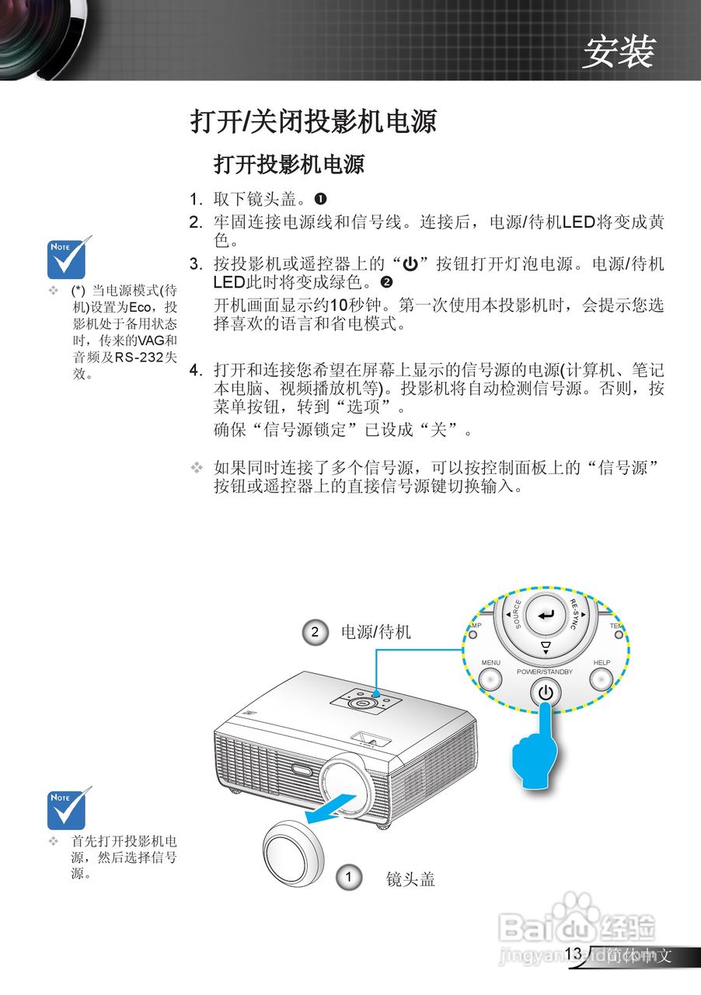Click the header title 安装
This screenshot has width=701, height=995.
point(619,52)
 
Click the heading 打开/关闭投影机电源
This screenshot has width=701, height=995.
point(313,122)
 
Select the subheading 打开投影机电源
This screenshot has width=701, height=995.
point(289,165)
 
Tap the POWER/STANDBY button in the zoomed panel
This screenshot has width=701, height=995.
point(546,692)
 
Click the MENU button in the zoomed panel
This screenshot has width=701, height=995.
point(490,679)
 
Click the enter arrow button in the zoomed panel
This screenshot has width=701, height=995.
point(547,615)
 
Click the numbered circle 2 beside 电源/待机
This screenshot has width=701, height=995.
point(315,632)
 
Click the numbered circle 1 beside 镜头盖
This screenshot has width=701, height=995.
point(349,878)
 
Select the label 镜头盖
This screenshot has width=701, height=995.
point(410,878)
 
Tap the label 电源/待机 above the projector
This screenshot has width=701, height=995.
point(375,632)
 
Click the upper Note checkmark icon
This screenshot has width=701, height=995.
point(68,257)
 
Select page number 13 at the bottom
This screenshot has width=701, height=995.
point(574,954)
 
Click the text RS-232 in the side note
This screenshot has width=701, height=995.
point(140,357)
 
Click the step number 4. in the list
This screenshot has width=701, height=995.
point(197,370)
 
